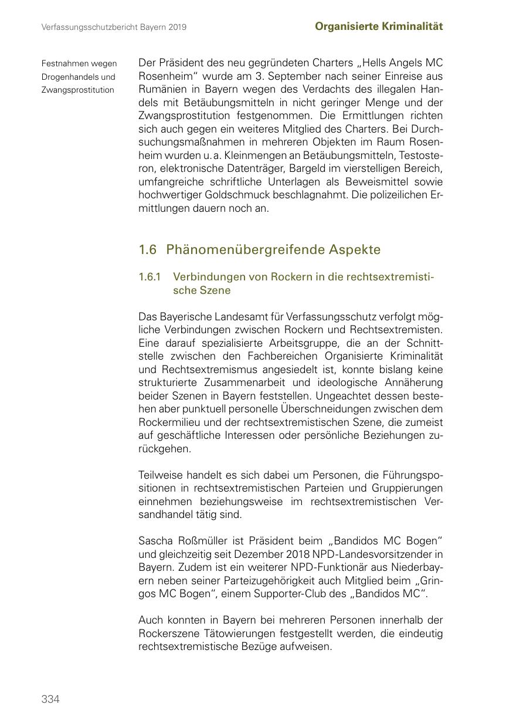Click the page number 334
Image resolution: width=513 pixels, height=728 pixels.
[50, 699]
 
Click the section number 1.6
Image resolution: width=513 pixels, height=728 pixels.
[148, 249]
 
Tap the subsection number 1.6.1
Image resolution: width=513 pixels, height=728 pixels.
[150, 276]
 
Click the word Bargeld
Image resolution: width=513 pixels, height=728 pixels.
[303, 168]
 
